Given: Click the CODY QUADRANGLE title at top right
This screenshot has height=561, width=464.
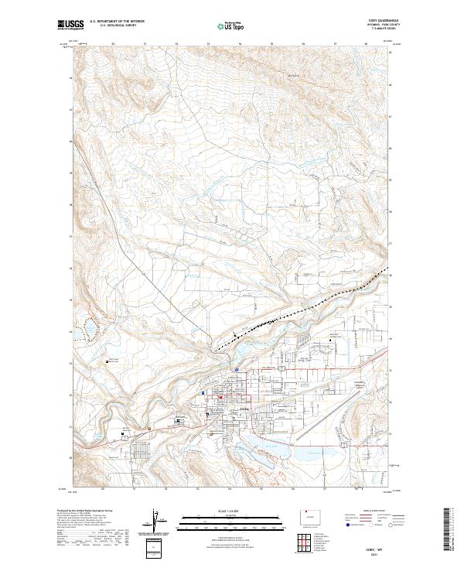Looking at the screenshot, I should [380, 21].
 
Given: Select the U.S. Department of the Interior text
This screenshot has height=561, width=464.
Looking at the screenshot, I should [117, 22].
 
